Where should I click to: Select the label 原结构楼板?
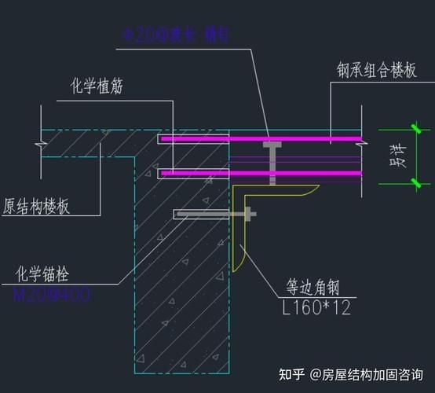(x=35, y=207)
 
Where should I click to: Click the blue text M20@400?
(x=52, y=296)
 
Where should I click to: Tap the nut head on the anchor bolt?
(x=250, y=213)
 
